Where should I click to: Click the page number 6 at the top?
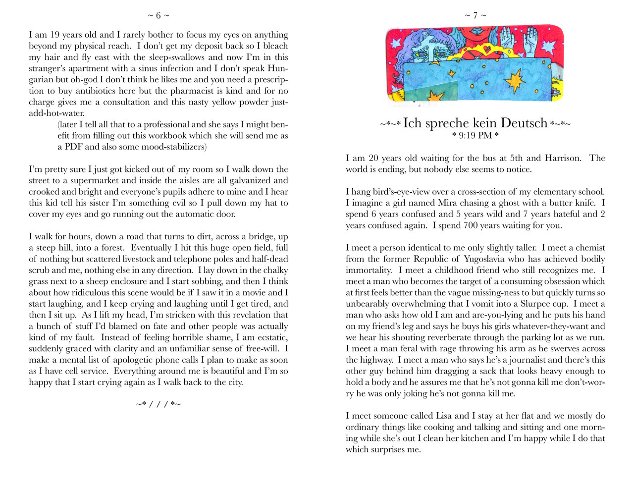(158, 16)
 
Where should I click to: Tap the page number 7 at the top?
(475, 16)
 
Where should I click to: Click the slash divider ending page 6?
(158, 404)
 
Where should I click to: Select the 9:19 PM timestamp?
(475, 135)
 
